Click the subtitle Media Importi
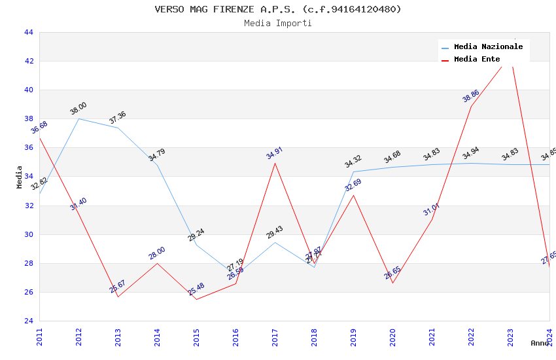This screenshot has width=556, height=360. click(x=278, y=23)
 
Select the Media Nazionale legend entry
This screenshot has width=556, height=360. click(x=488, y=46)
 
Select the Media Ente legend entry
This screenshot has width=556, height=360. click(x=477, y=59)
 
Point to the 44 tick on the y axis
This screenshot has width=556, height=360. click(x=28, y=32)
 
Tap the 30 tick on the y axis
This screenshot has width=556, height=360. click(x=28, y=234)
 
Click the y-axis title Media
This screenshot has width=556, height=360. click(x=20, y=177)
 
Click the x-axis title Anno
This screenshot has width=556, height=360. click(x=540, y=343)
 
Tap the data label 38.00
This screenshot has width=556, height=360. click(x=78, y=109)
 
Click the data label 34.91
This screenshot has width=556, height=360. click(x=275, y=153)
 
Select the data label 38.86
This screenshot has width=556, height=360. click(x=471, y=96)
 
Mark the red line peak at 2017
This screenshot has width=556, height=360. click(x=275, y=163)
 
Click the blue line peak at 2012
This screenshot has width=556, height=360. click(x=78, y=118)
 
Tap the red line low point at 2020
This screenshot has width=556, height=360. click(x=392, y=283)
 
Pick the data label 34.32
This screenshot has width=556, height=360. click(x=353, y=162)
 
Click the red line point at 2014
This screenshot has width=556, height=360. click(x=157, y=263)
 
